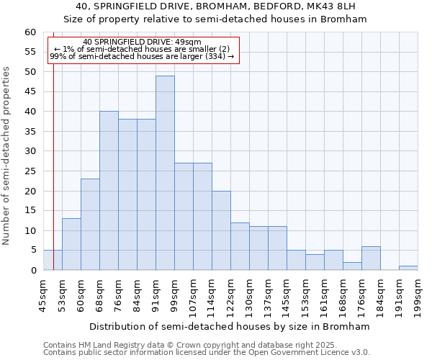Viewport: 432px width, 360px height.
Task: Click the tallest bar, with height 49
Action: tap(165, 173)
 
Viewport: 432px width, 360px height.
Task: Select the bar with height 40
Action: tap(109, 191)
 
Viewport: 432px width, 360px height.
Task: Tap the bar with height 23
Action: tap(90, 224)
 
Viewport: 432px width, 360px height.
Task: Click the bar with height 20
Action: tap(221, 230)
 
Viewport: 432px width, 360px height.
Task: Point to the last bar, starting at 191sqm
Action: tap(408, 268)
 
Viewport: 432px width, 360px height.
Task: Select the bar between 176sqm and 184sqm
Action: tap(371, 258)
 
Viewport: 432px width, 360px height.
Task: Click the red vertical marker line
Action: tap(54, 180)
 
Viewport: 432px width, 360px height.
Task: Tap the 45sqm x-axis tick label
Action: tap(43, 295)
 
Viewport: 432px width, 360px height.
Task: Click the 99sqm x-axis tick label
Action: tap(174, 295)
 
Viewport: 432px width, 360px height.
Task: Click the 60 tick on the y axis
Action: tap(30, 32)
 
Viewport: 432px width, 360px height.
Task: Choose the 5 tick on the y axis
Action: tap(33, 251)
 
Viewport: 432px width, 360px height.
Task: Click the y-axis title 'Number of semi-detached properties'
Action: tap(7, 155)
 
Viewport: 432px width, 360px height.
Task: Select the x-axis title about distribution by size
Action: tap(230, 326)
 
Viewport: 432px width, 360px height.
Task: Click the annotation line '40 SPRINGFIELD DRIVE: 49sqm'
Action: tap(142, 42)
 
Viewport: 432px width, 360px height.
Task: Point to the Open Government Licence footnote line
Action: tap(207, 352)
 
